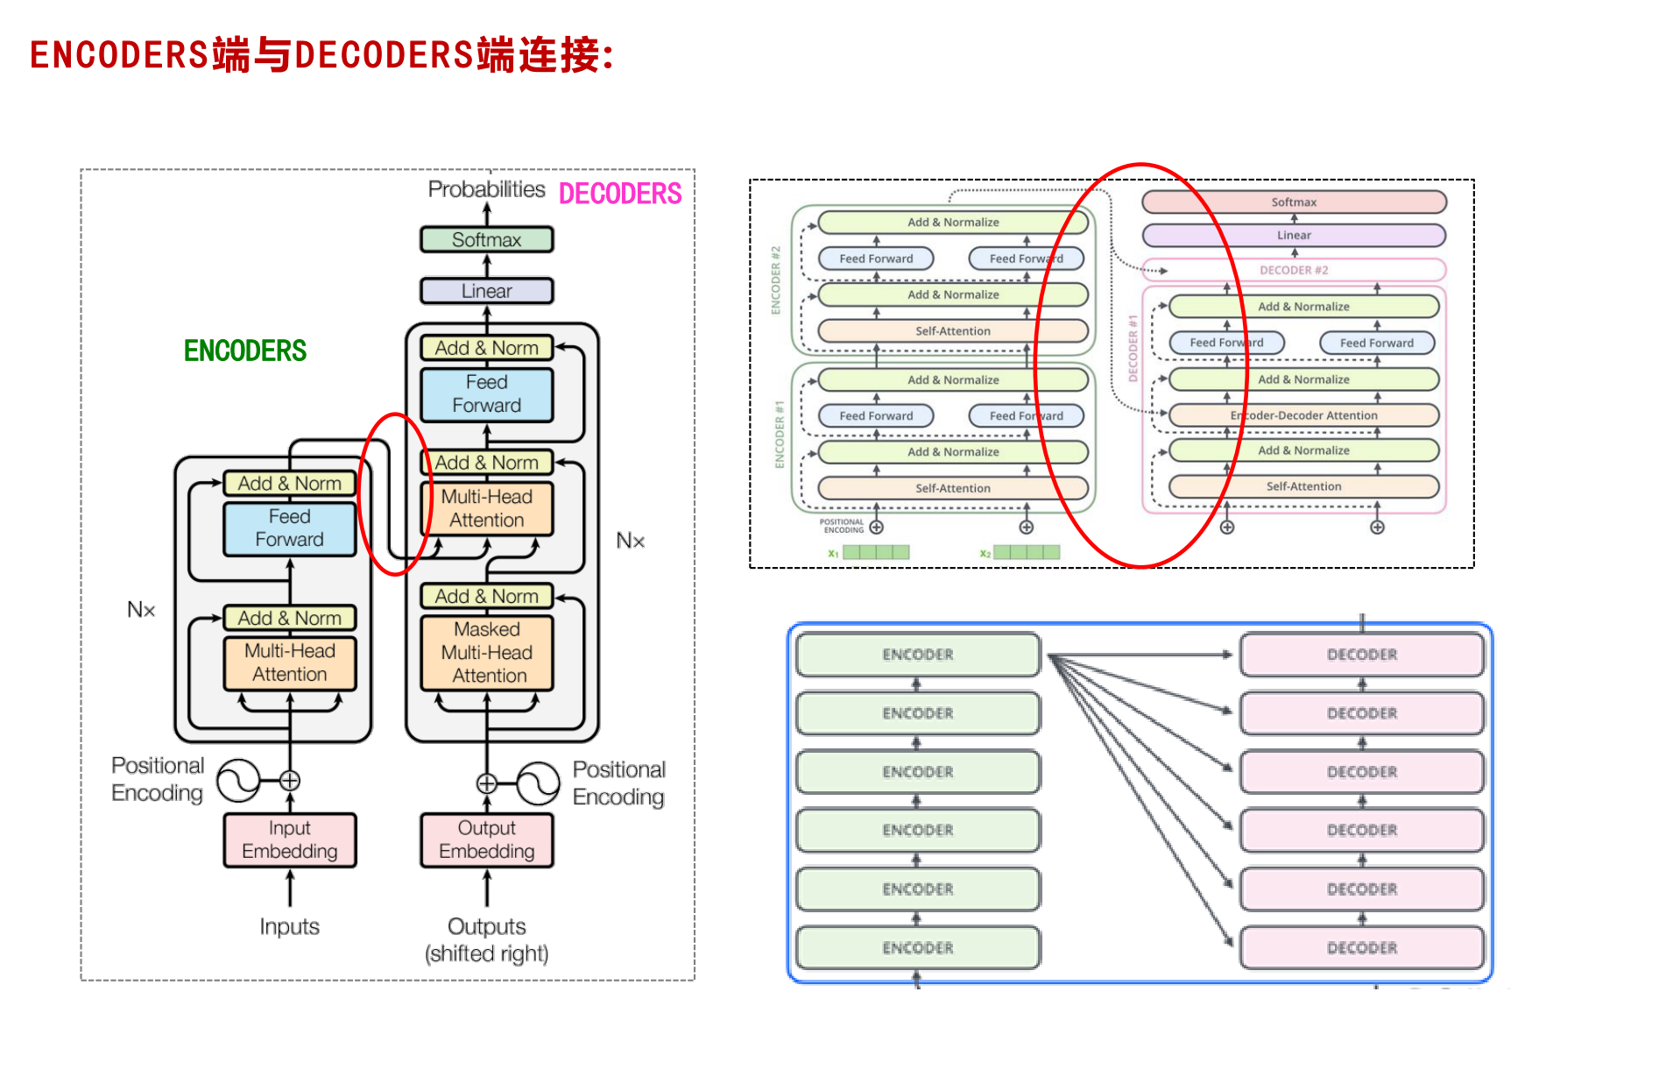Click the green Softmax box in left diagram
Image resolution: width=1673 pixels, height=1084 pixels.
pyautogui.click(x=486, y=239)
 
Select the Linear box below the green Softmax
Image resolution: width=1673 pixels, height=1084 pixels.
pyautogui.click(x=486, y=291)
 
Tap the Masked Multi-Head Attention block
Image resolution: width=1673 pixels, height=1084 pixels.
pyautogui.click(x=487, y=653)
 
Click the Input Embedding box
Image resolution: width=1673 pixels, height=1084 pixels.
pyautogui.click(x=289, y=840)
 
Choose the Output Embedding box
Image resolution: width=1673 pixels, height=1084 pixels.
pyautogui.click(x=486, y=840)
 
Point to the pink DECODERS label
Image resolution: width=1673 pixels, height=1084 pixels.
pyautogui.click(x=619, y=194)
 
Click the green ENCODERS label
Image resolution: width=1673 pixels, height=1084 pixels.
pyautogui.click(x=245, y=351)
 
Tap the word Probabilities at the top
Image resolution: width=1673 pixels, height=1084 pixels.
pyautogui.click(x=486, y=189)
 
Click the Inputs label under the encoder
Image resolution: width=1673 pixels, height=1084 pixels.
pyautogui.click(x=289, y=926)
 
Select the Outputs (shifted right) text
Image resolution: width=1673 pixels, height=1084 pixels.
pyautogui.click(x=486, y=939)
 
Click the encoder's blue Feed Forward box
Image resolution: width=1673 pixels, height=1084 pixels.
pyautogui.click(x=289, y=528)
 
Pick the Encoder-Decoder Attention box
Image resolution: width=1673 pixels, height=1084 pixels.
pyautogui.click(x=1303, y=415)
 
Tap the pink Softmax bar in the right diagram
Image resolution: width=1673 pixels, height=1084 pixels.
pyautogui.click(x=1294, y=202)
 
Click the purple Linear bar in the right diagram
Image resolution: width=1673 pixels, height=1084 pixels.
pyautogui.click(x=1294, y=235)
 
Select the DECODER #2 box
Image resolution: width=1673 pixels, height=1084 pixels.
pyautogui.click(x=1294, y=270)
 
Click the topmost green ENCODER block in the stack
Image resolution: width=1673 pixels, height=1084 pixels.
pyautogui.click(x=917, y=655)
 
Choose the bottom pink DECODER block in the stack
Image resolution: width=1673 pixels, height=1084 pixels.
pyautogui.click(x=1361, y=947)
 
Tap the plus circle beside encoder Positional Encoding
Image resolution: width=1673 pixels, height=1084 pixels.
pyautogui.click(x=290, y=780)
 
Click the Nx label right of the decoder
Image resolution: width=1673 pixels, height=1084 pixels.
pyautogui.click(x=630, y=541)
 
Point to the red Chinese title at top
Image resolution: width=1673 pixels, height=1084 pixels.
pyautogui.click(x=321, y=55)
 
